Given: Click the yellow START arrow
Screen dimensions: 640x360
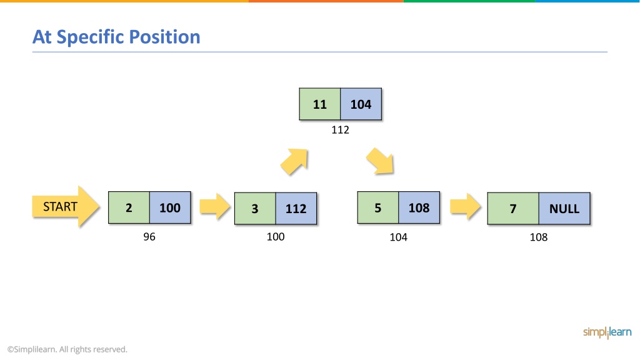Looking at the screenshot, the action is (x=65, y=206).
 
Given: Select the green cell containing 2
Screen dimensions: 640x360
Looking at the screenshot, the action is (x=129, y=207).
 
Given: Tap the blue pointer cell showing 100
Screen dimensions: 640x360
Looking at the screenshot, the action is (x=170, y=207).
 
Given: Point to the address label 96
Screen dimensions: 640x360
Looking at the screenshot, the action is (x=149, y=237).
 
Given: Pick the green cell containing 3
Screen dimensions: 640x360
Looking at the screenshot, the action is (x=255, y=209).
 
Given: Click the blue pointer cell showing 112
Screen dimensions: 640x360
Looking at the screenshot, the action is (x=296, y=209).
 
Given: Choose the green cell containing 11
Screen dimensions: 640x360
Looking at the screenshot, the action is (x=320, y=104).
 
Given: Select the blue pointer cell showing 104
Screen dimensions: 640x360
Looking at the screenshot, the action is (x=361, y=104).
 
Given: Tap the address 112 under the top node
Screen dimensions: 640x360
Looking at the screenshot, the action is (x=341, y=130).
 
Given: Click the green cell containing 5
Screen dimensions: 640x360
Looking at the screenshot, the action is (x=378, y=207).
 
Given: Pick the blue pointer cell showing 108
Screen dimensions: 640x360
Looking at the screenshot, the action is (x=419, y=207).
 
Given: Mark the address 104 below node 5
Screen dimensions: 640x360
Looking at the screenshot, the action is (x=398, y=237).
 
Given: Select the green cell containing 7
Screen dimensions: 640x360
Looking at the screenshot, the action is (x=513, y=209).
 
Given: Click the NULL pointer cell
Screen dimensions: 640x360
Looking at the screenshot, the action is (x=564, y=209).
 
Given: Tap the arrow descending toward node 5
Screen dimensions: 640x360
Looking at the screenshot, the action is (x=379, y=161).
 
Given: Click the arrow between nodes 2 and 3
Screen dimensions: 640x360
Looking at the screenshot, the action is (x=215, y=206).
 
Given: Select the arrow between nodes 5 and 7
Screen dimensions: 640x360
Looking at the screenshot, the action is (x=465, y=206).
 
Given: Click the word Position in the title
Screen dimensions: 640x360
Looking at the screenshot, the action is (x=165, y=37).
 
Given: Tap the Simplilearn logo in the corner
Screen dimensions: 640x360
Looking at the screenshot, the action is (x=607, y=332).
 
